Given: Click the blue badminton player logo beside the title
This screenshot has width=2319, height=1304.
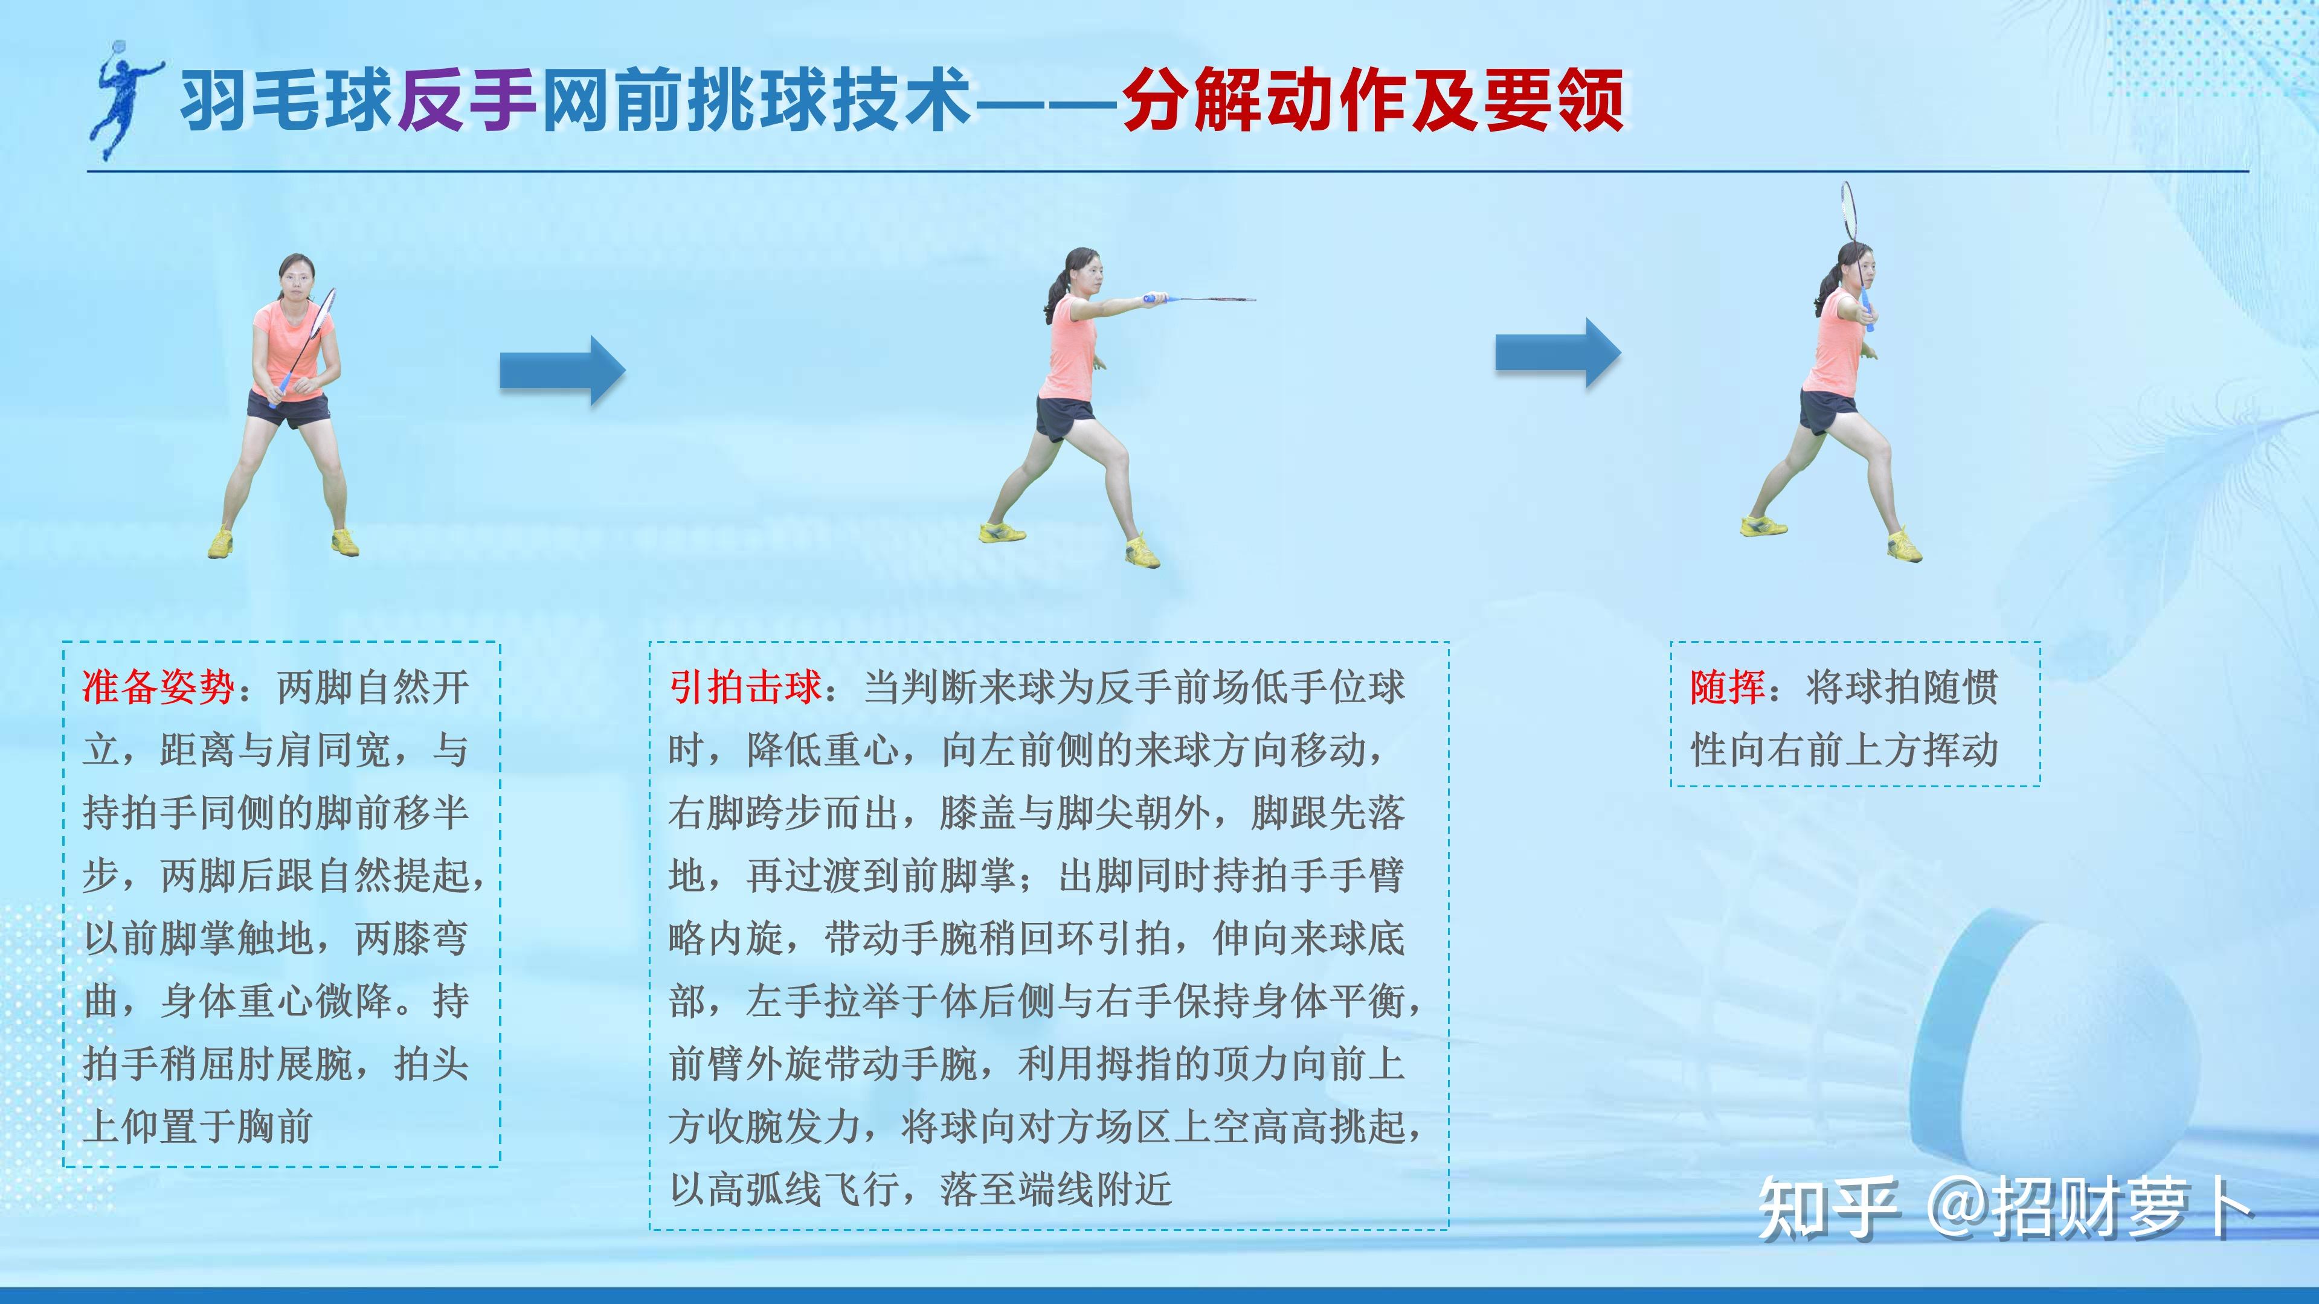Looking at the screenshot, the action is (126, 99).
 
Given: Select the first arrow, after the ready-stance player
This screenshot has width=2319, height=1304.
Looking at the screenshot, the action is (562, 370).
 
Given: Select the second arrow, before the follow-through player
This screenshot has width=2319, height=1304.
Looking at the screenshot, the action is (1558, 353).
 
